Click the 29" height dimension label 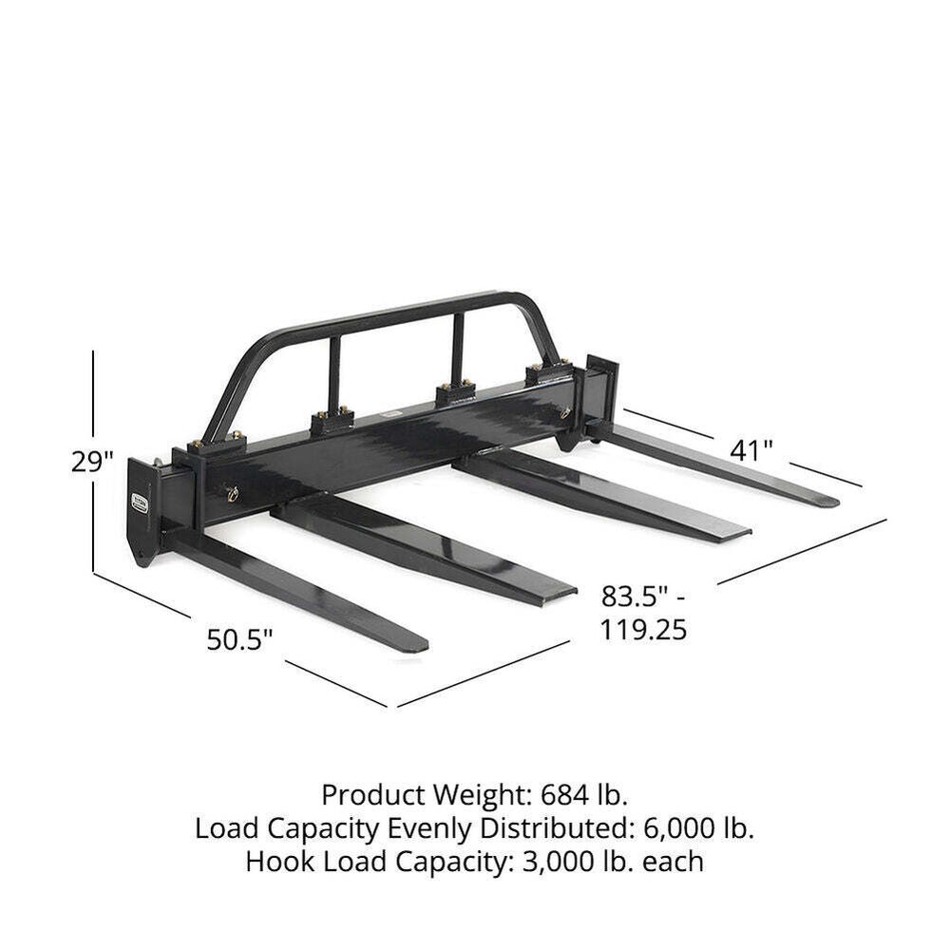(x=92, y=462)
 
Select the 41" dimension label (x=750, y=449)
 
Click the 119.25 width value (x=643, y=629)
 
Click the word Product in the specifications (x=370, y=793)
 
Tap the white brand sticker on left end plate (x=140, y=502)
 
